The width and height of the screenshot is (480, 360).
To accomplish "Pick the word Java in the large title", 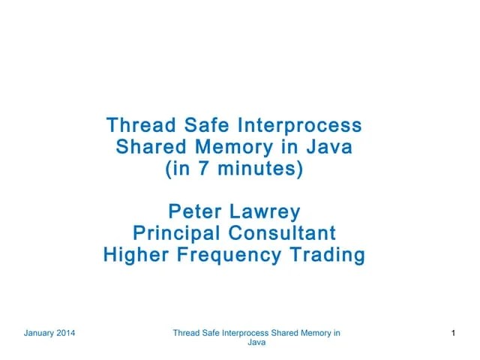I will point(328,146).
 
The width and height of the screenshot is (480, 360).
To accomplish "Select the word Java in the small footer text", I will point(256,343).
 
